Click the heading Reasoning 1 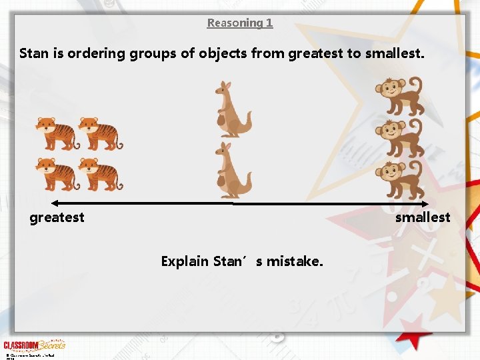click(239, 23)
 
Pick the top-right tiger click(101, 133)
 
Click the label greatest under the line click(57, 217)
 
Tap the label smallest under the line click(423, 217)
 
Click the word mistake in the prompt click(295, 261)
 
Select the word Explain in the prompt click(185, 261)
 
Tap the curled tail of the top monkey click(416, 86)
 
